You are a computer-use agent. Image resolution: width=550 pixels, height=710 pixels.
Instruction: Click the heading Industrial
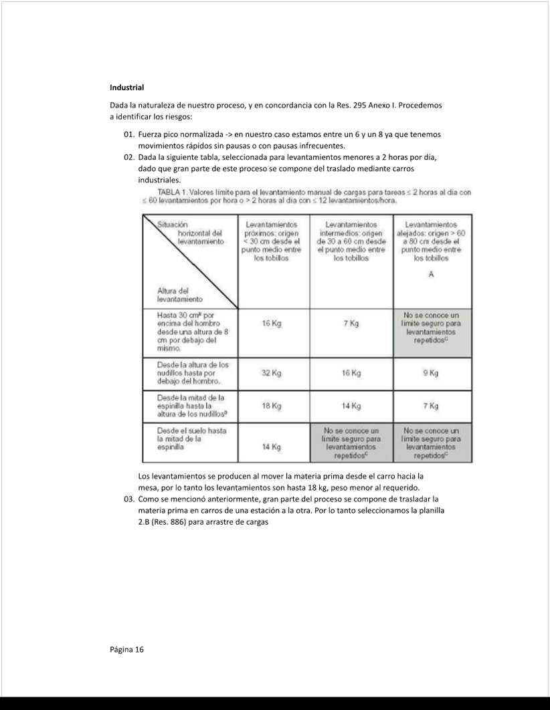coord(127,88)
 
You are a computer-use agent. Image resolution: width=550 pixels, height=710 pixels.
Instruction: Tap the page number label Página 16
coord(127,649)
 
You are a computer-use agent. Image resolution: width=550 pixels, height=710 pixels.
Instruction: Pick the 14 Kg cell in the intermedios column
coord(351,406)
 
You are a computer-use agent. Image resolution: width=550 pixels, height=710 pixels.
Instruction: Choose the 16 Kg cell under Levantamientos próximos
coord(272,324)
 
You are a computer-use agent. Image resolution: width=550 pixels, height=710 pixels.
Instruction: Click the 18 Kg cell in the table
coord(272,406)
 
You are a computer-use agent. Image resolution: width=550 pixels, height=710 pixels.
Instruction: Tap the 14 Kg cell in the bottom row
coord(272,446)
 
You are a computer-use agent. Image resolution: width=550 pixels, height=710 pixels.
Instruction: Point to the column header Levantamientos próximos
coord(272,241)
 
